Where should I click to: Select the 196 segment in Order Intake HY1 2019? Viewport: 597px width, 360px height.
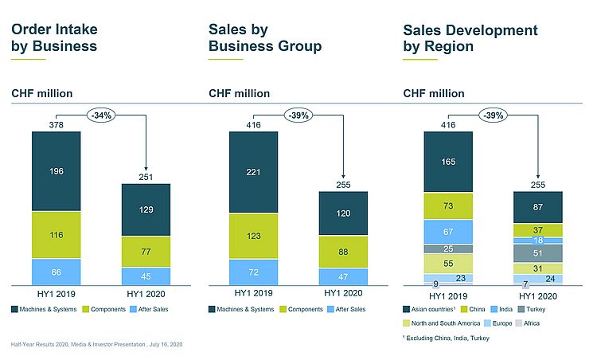(57, 171)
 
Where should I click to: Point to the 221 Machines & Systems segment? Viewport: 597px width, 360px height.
(253, 171)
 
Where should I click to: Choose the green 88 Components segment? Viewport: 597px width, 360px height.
(342, 252)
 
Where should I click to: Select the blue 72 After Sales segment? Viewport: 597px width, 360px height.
(253, 272)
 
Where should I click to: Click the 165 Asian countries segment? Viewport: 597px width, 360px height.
(448, 162)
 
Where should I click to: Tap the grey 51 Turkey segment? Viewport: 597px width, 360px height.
(538, 253)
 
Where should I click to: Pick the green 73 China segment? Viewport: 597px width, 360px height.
(448, 205)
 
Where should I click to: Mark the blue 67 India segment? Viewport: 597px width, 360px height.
(448, 231)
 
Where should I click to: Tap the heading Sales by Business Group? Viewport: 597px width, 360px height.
(264, 38)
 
